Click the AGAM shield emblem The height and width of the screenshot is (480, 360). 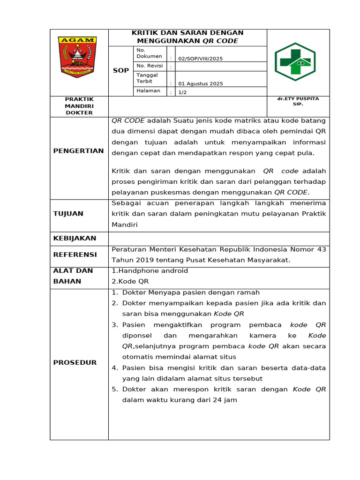pos(78,56)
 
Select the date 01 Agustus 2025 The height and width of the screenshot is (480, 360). pos(201,83)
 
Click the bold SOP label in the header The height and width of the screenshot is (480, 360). pos(121,70)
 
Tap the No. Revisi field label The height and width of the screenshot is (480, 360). pos(150,66)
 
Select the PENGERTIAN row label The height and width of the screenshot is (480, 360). pos(78,151)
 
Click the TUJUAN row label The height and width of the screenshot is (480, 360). pos(68,214)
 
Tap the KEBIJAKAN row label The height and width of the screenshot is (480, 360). pos(75,238)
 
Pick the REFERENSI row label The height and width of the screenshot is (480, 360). pos(75,255)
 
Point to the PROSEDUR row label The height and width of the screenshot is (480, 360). pos(75,362)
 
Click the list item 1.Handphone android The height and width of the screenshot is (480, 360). pos(150,271)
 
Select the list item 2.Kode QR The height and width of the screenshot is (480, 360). pos(130,281)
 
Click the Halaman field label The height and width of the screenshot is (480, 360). pos(148,90)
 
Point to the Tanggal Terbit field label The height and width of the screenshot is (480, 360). pos(147,78)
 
